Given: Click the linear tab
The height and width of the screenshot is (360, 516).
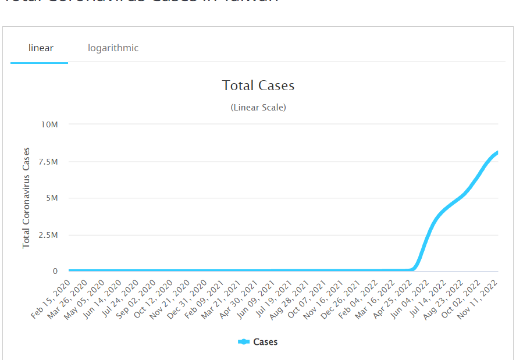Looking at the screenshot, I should coord(41,48).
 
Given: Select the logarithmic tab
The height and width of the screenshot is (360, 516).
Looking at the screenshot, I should coord(113,48).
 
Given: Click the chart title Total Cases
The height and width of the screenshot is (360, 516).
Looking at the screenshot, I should coord(258,85).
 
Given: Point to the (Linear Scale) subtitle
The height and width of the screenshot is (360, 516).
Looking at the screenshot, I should coord(258,108).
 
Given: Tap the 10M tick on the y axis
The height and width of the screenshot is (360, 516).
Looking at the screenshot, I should coord(49,124).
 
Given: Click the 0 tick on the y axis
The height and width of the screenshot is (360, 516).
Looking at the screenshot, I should coord(55,271).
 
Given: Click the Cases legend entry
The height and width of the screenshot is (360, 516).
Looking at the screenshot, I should coord(258,342).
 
